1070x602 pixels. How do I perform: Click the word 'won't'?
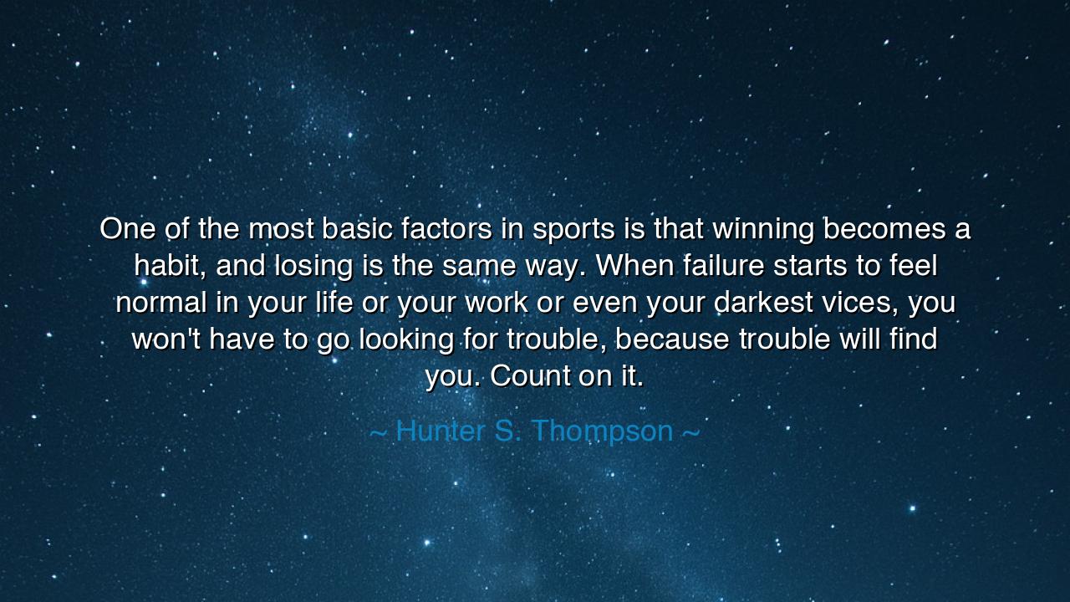(166, 339)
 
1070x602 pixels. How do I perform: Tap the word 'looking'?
(406, 339)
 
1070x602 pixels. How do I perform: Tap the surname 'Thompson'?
(602, 431)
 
